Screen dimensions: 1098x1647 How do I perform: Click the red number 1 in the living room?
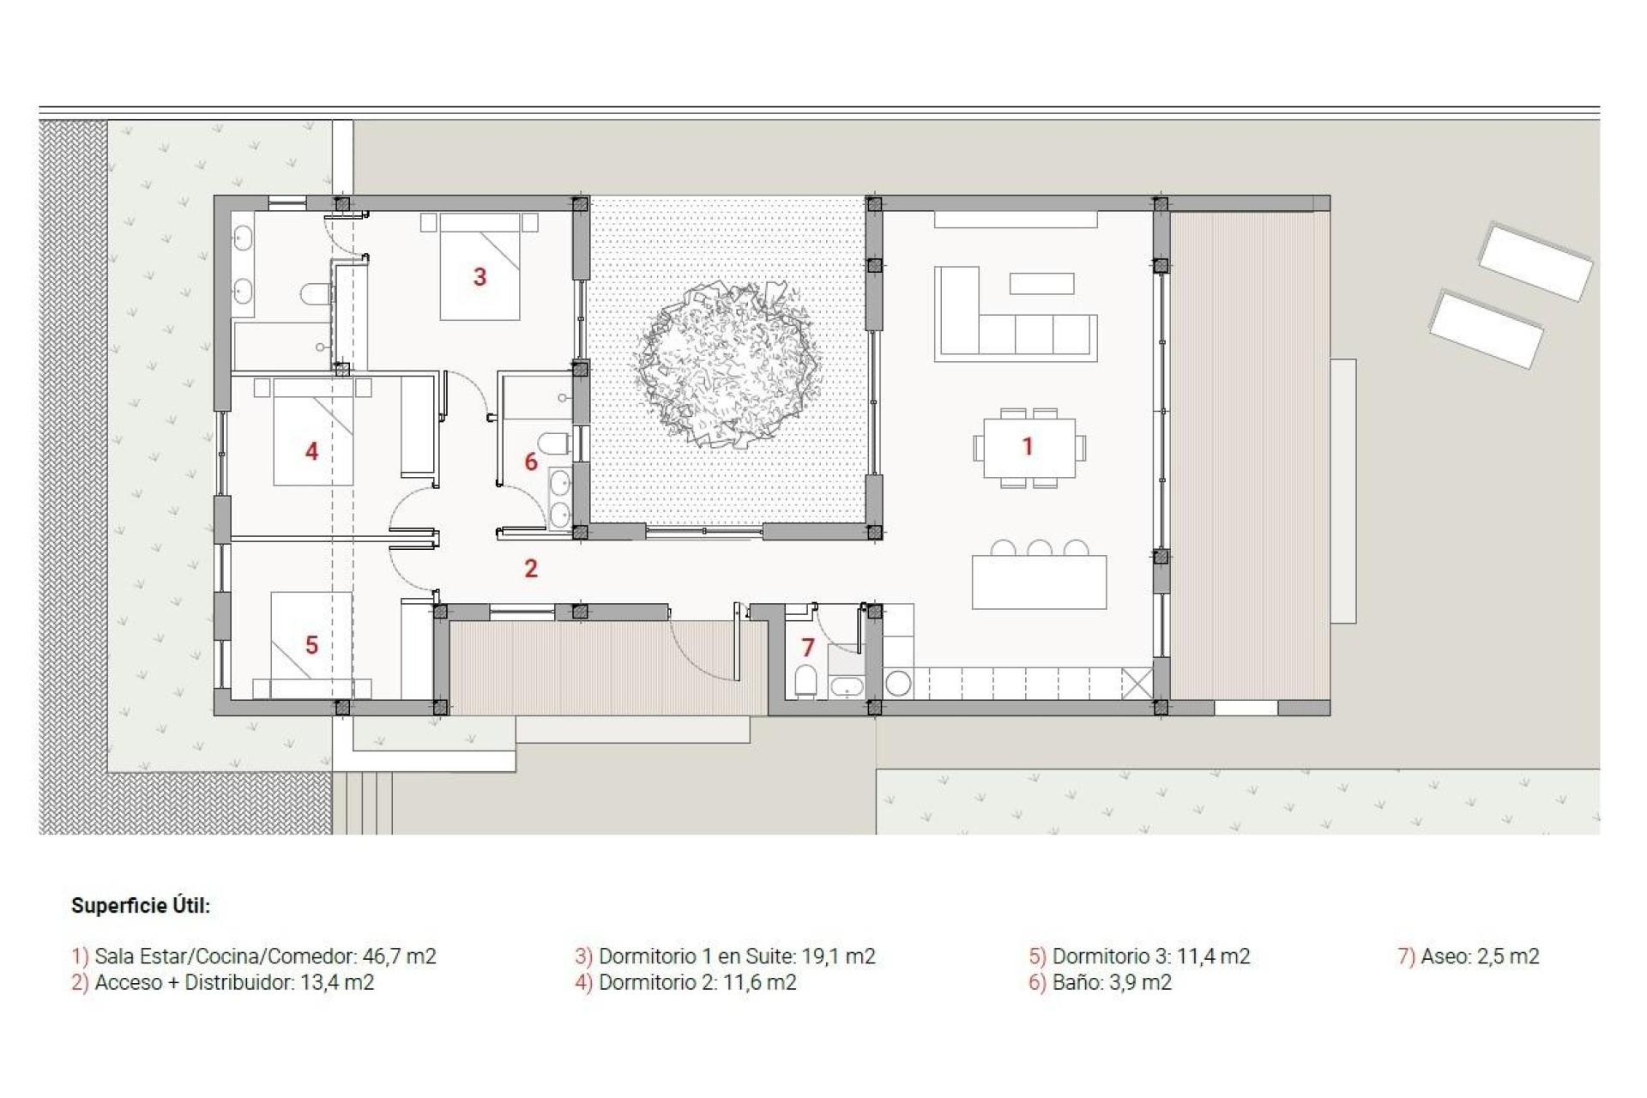[x=1027, y=446]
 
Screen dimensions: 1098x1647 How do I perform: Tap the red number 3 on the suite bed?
[x=480, y=277]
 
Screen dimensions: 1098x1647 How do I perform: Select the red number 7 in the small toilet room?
[x=807, y=648]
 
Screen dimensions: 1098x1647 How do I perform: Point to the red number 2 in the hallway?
[x=531, y=568]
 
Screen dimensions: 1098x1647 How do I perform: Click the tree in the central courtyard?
[x=727, y=365]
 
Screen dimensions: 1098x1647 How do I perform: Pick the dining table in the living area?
[x=1029, y=448]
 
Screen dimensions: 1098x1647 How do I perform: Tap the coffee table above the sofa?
[x=1041, y=283]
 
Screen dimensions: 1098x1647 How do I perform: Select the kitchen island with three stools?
[x=1039, y=582]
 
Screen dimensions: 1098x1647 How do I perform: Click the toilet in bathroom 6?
[x=556, y=444]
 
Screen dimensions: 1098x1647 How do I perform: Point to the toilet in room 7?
[x=805, y=681]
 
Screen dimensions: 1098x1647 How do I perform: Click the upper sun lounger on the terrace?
[x=1535, y=262]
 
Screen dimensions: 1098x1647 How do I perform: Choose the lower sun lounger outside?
[x=1486, y=329]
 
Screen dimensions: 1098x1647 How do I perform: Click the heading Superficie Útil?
[x=141, y=906]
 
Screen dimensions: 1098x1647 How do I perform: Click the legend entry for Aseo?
[x=1469, y=956]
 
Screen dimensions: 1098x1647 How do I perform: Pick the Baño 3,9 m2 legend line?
[x=1101, y=983]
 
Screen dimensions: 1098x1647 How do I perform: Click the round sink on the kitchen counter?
[x=898, y=684]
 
